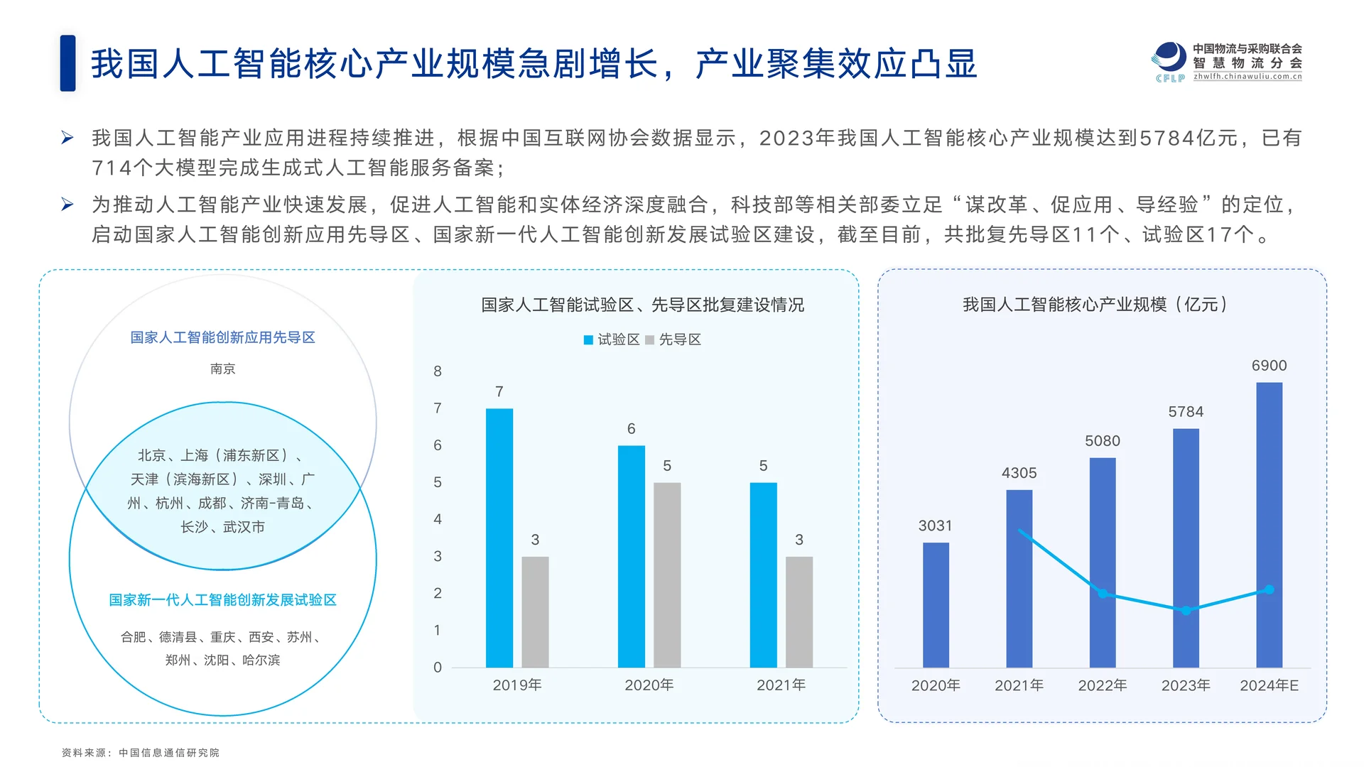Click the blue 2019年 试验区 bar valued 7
pos(499,538)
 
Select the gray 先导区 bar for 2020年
pos(667,575)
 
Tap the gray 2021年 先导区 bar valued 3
pos(799,611)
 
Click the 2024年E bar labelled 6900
pos(1269,525)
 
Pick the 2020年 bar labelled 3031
pos(936,605)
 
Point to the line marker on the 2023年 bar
pos(1186,611)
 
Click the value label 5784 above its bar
pos(1186,412)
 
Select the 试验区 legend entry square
pos(588,340)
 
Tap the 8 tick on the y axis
pos(438,371)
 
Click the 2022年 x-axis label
pos(1102,685)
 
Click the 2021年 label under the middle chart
pos(781,685)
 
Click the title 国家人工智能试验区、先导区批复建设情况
pos(642,305)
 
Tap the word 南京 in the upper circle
pos(222,369)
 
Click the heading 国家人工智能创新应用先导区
pos(222,337)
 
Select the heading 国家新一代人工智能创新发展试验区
pos(222,600)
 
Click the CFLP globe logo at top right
pos(1169,58)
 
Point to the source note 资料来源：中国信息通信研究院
pos(140,753)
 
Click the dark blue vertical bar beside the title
pos(67,63)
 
